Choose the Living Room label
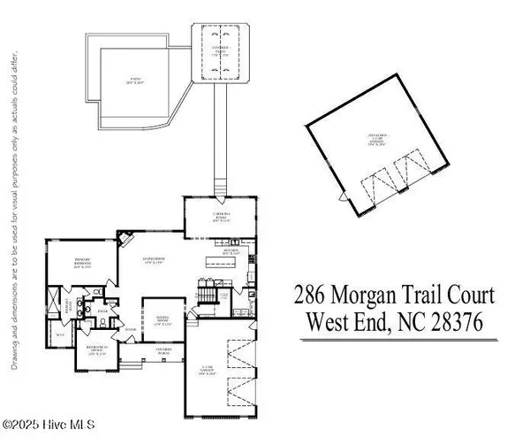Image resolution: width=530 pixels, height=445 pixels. click(x=155, y=260)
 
